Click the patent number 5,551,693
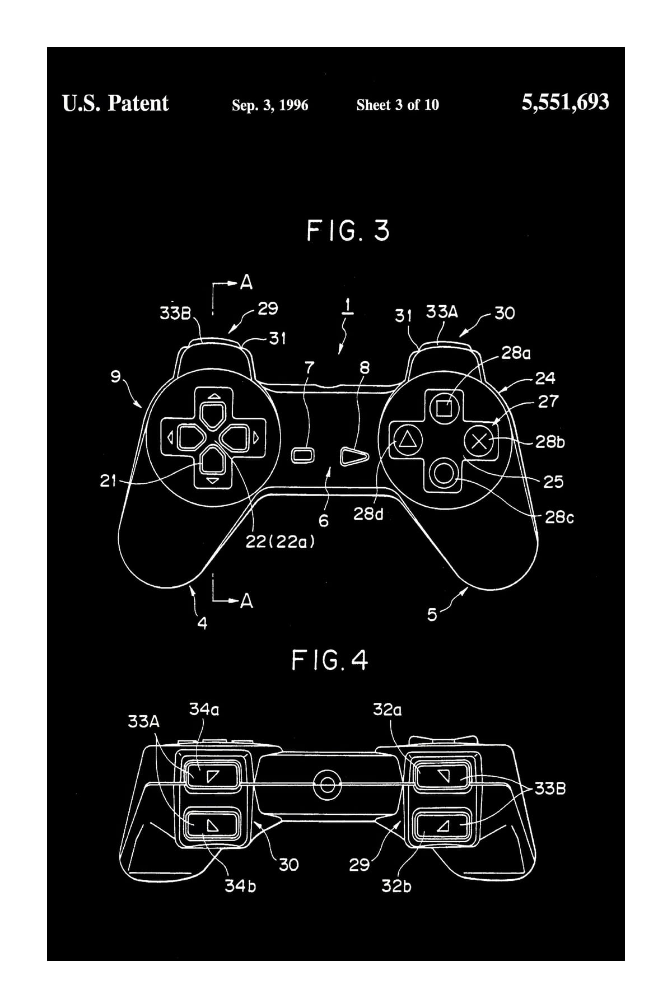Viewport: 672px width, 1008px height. [x=565, y=102]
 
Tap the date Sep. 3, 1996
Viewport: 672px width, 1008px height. [x=270, y=105]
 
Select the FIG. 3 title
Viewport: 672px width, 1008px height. [x=348, y=231]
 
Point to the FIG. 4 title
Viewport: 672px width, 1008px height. [x=330, y=661]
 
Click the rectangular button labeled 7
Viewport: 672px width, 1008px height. [x=303, y=455]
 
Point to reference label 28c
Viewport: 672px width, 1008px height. [x=559, y=517]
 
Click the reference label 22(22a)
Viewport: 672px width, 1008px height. [x=280, y=542]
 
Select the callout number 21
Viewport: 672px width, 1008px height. [x=108, y=481]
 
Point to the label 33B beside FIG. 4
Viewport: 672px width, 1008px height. [x=550, y=789]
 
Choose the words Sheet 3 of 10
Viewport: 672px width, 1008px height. [x=398, y=105]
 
